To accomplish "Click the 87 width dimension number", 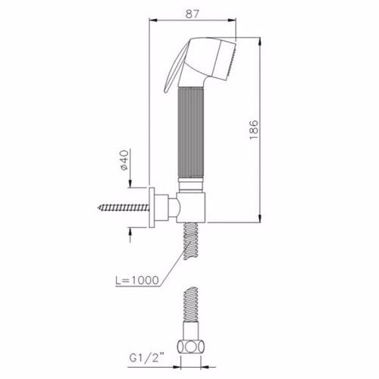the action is pyautogui.click(x=193, y=14).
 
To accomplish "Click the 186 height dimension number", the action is pyautogui.click(x=254, y=130).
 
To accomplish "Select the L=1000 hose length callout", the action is pyautogui.click(x=137, y=280).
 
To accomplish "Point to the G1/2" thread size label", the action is pyautogui.click(x=146, y=358).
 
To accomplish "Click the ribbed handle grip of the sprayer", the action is pyautogui.click(x=191, y=132).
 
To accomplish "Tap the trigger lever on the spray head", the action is pyautogui.click(x=174, y=67).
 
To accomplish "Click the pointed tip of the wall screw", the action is pyautogui.click(x=99, y=208).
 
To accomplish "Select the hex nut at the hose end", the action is pyautogui.click(x=191, y=346).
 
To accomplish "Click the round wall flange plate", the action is pyautogui.click(x=152, y=208).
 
